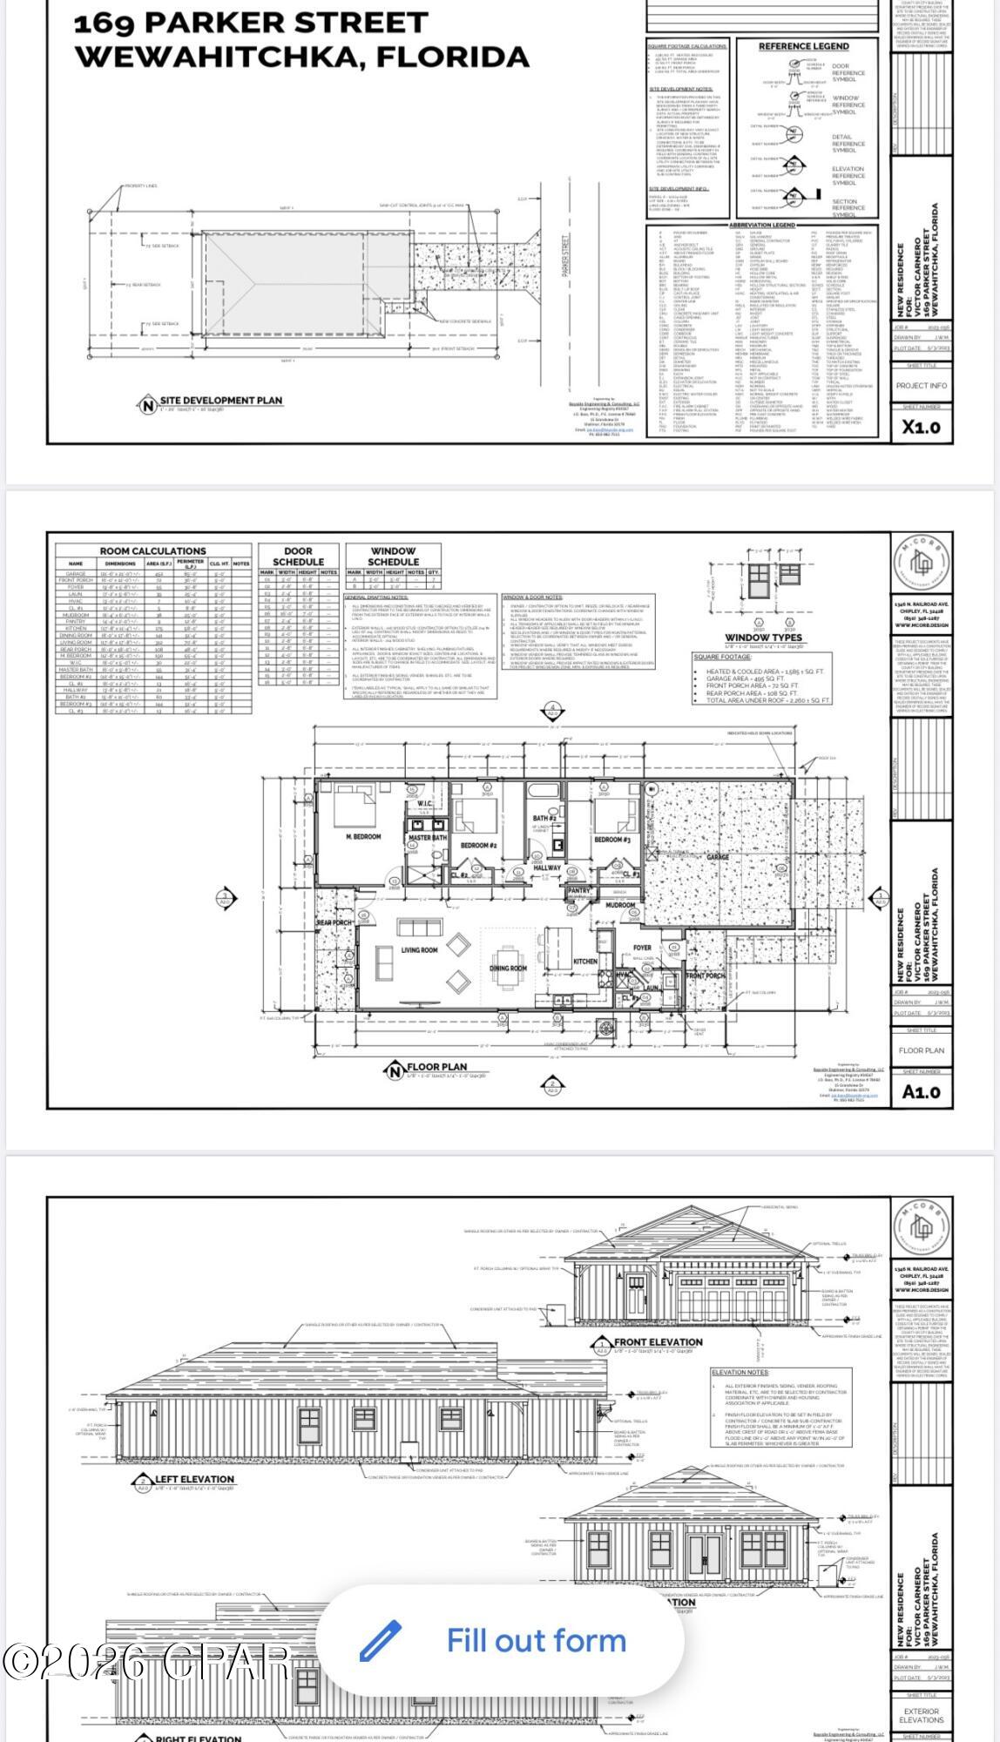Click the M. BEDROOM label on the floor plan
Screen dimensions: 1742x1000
point(363,837)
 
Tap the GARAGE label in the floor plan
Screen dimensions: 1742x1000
point(718,857)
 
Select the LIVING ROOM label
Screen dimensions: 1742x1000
point(419,950)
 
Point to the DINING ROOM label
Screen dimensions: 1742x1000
point(508,968)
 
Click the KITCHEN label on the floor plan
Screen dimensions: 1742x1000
point(585,962)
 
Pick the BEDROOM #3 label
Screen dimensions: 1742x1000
point(612,840)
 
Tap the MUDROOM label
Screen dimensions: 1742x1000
point(621,906)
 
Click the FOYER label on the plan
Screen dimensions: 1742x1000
point(642,948)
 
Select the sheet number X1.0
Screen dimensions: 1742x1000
point(921,427)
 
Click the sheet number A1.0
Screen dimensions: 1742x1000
point(921,1092)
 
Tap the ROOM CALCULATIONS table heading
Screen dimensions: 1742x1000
point(152,551)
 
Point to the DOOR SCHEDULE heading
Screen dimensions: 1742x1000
point(298,557)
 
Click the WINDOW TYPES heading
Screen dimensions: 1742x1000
point(763,638)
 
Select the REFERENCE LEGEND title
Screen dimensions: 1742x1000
point(803,46)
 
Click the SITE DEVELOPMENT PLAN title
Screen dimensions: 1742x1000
point(220,401)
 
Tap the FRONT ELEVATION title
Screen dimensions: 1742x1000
point(658,1342)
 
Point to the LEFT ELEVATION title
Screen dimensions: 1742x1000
point(194,1479)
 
